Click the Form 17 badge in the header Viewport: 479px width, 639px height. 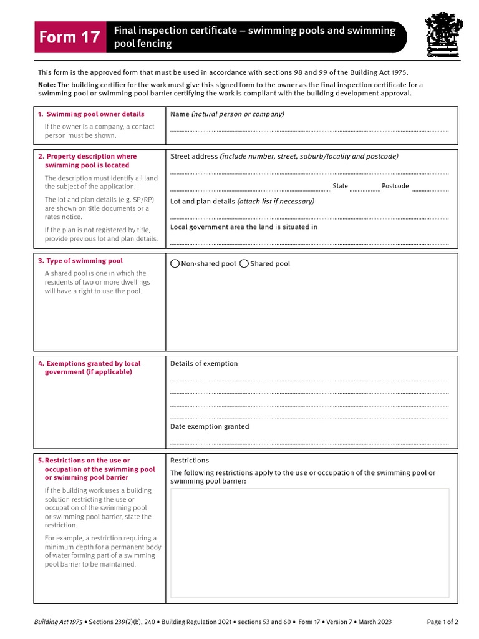click(69, 37)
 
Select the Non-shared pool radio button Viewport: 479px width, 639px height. click(175, 264)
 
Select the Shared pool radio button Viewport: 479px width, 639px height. click(244, 264)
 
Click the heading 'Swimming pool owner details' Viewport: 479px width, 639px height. click(95, 114)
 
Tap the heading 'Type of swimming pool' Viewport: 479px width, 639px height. click(84, 261)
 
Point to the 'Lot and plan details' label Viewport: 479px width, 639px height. click(203, 202)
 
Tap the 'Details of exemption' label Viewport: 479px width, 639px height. click(204, 364)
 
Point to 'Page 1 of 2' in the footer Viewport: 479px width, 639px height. click(442, 622)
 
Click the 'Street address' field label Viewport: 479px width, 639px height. click(194, 157)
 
